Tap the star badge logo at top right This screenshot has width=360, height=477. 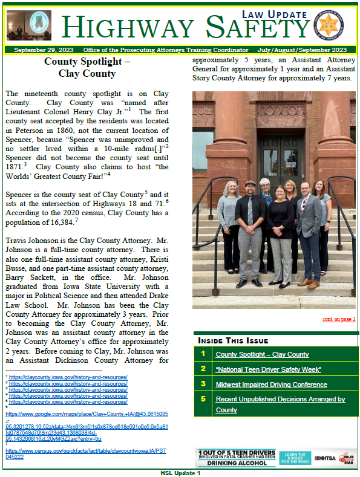tap(333, 24)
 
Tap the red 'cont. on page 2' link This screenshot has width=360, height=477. tap(338, 319)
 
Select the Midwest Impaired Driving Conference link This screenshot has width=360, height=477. tap(271, 385)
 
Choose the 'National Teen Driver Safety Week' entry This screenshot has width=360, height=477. tap(268, 369)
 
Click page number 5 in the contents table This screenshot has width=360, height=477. tap(203, 399)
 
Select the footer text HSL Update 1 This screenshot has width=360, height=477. tap(180, 473)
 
